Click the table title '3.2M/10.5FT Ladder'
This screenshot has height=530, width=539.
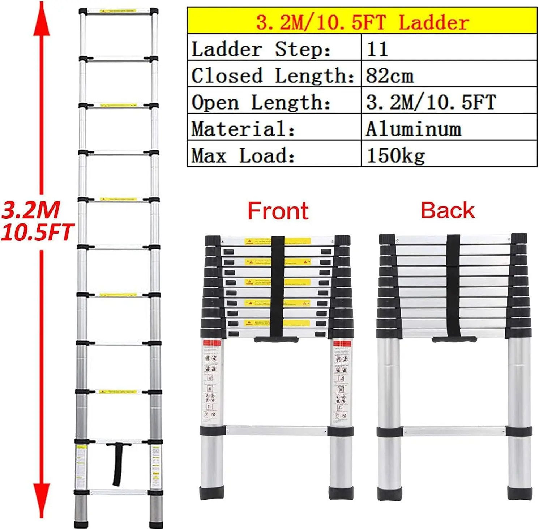(x=362, y=22)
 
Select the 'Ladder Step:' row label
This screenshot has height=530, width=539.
(x=261, y=49)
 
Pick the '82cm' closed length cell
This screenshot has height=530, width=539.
(x=389, y=76)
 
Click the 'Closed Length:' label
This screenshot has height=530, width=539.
(x=273, y=76)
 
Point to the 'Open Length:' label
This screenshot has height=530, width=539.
(x=261, y=103)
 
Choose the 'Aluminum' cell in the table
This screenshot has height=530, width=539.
(x=413, y=129)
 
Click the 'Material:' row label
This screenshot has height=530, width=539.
(x=243, y=129)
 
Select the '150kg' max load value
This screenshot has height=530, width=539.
(x=395, y=156)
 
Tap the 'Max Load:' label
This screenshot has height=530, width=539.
(x=243, y=156)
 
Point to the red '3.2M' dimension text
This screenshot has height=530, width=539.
(x=31, y=210)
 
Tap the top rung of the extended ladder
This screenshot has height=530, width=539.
(x=118, y=12)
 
